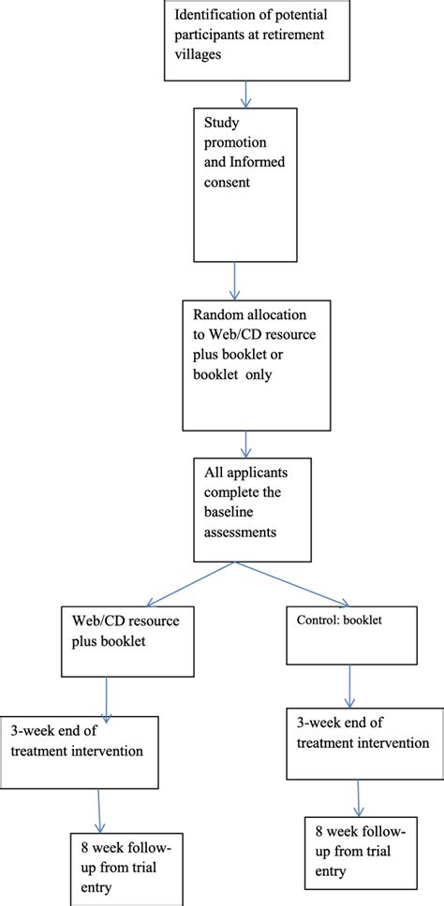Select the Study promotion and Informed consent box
pyautogui.click(x=245, y=184)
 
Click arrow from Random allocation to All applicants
pyautogui.click(x=245, y=443)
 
